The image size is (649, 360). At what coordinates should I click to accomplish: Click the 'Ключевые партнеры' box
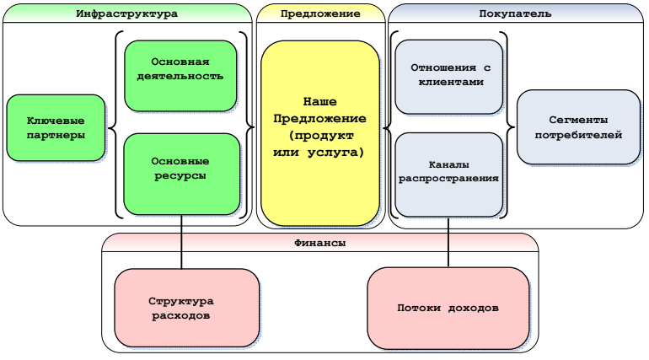tap(56, 127)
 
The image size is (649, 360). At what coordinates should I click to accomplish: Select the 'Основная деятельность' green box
tap(180, 76)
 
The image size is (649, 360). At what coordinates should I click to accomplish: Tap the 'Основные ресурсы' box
tap(180, 174)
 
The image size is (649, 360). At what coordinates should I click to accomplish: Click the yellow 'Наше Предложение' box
tap(319, 132)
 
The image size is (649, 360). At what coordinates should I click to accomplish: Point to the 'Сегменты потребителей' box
tap(572, 127)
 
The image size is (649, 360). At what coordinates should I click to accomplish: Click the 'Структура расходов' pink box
tap(185, 308)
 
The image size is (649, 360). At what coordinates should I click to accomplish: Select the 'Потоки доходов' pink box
tap(448, 308)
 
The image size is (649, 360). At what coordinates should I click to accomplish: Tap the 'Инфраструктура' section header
tap(127, 13)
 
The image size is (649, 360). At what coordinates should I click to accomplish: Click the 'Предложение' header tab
tap(320, 13)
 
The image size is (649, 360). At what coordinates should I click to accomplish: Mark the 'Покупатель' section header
tap(515, 13)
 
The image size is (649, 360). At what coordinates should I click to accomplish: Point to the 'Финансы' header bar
tap(320, 242)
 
